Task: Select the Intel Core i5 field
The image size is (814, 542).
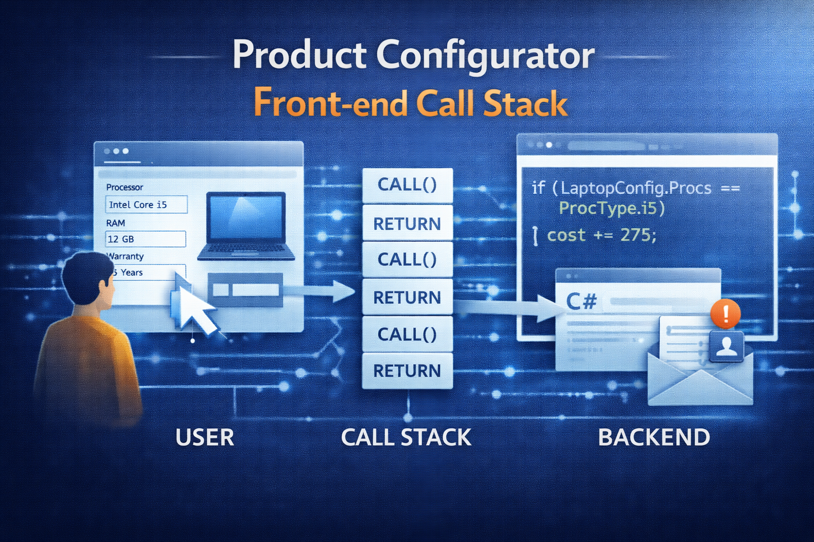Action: point(146,205)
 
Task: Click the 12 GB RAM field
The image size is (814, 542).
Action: point(145,239)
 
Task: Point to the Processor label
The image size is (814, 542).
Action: point(125,187)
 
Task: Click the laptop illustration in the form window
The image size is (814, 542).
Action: point(246,226)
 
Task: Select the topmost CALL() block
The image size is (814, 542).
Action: point(407,185)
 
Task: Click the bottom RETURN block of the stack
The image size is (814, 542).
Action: point(407,371)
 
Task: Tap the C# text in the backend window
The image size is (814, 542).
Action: point(581,302)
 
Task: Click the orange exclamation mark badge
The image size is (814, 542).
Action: point(725,313)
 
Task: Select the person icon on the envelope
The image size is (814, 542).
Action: point(727,347)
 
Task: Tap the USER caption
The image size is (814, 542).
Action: point(205,438)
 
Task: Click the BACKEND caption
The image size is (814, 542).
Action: point(654,438)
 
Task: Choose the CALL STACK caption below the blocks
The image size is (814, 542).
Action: point(406,438)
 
